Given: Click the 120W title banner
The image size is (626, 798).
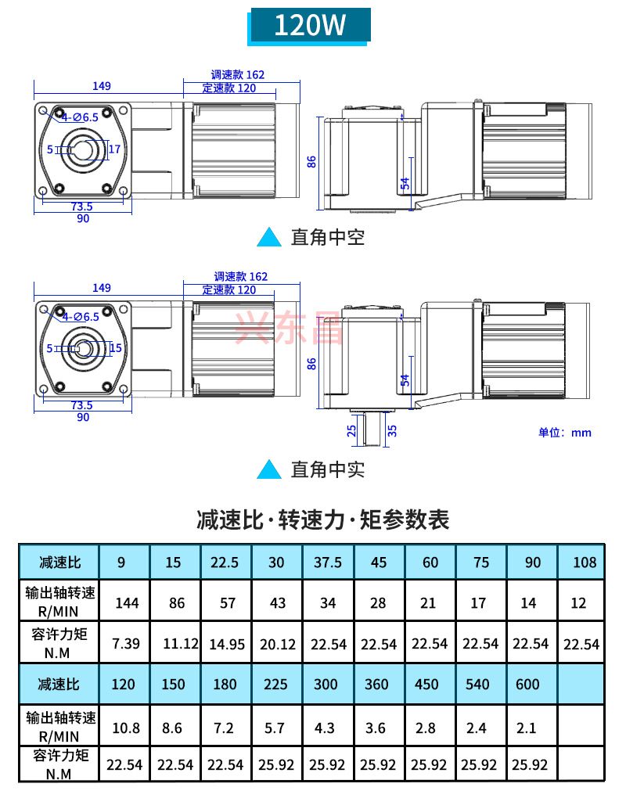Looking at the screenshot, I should pos(309,26).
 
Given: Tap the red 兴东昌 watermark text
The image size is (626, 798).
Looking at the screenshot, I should pos(290,329).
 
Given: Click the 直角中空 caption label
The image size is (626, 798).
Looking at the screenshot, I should pos(328,237).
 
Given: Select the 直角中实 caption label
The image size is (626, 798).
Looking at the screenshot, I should pos(328,469).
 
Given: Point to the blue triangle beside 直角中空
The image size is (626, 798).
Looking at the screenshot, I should pos(269,237).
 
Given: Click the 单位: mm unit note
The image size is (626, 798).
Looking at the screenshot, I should pos(565,433).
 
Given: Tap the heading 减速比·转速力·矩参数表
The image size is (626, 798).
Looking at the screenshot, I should pos(323,519).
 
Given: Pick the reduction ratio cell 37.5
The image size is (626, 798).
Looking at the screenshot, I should pos(327,562).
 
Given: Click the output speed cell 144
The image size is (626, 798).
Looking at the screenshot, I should pos(127,602).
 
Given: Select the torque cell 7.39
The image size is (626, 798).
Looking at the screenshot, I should pos(127,644).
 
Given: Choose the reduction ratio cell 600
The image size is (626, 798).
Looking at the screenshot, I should pos(528,684).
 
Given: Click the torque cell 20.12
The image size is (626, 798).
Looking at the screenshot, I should pos(276,644).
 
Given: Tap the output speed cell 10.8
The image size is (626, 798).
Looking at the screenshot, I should pos(127,728).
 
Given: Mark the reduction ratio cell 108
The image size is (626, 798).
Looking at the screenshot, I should pos(584,562).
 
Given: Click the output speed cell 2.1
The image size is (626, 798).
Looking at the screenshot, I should pos(527,728).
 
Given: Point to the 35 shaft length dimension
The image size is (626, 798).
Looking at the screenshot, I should pos(392,430).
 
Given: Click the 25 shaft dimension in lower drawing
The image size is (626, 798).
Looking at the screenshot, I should pos(352,430).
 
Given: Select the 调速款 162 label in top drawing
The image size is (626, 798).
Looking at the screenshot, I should pos(238,75).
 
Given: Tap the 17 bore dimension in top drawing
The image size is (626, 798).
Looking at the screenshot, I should pos(114,149).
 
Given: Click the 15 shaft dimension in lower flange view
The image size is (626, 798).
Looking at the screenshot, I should pos(115,348).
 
